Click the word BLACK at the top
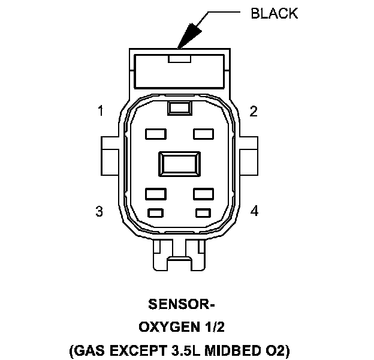(273, 13)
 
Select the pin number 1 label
(101, 111)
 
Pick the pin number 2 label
(254, 111)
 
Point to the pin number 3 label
(99, 211)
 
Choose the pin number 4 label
(254, 211)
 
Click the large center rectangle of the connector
(178, 163)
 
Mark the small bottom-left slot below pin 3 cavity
(155, 212)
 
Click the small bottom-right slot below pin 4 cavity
(204, 212)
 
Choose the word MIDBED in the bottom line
(224, 350)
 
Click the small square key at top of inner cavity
(178, 107)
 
